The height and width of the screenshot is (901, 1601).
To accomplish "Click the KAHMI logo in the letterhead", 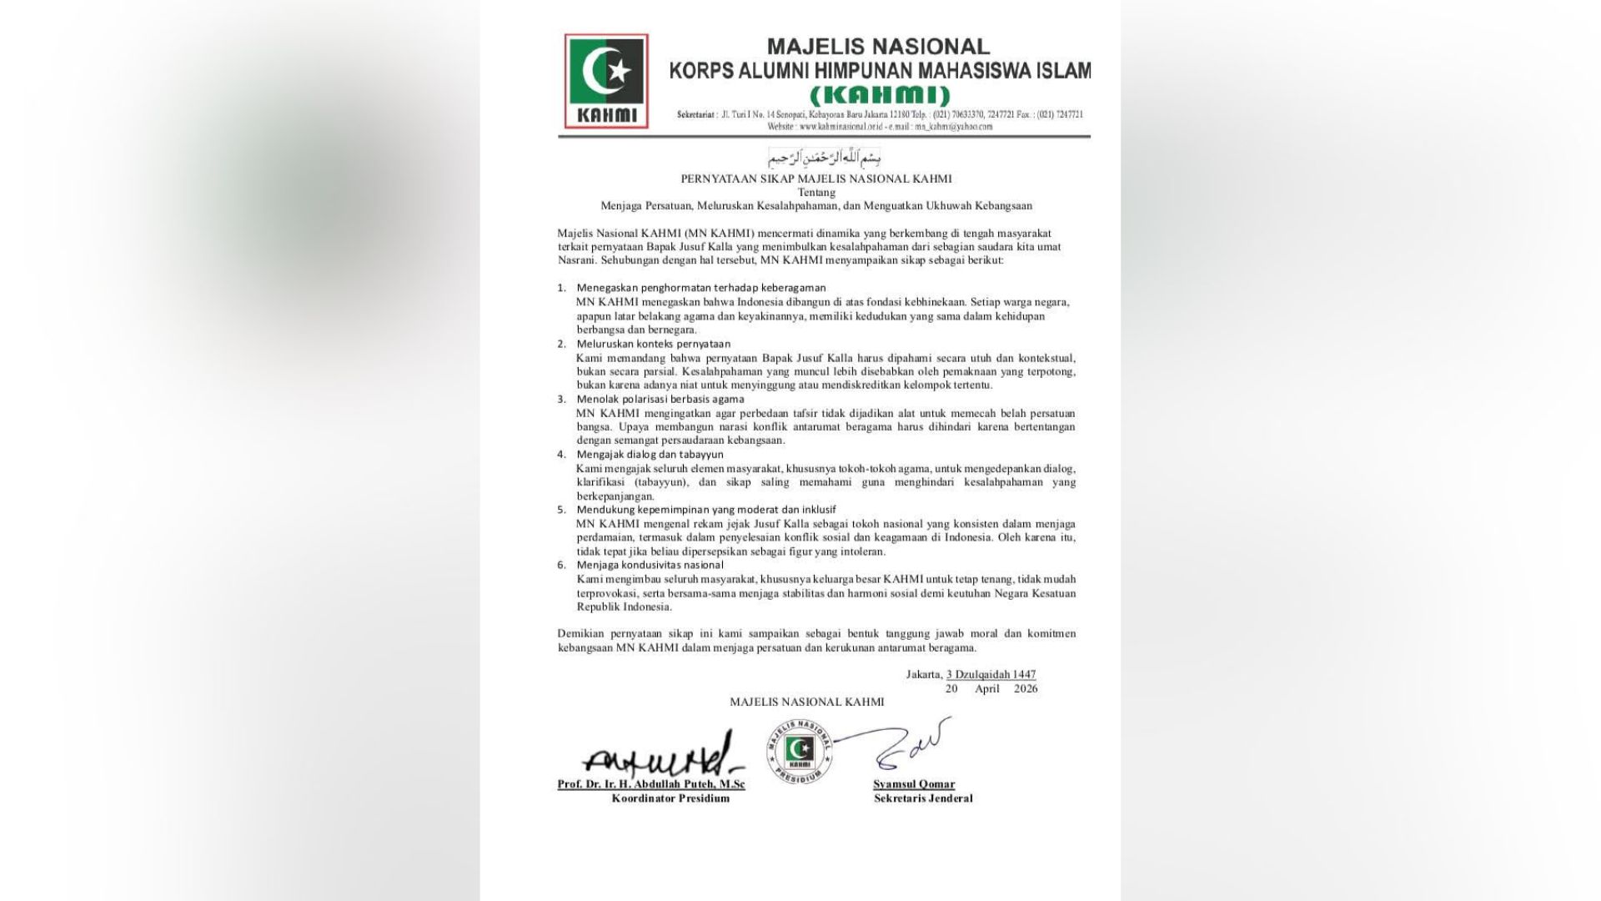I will pos(606,81).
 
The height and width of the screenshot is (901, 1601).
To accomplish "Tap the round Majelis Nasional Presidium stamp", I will pos(800,750).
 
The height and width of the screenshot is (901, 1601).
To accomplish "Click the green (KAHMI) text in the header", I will pos(880,95).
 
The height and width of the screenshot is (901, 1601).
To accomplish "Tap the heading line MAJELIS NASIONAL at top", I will pos(878,47).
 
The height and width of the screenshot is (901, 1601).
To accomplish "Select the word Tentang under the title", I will pos(816,192).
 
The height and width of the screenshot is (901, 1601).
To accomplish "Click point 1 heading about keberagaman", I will pos(690,288).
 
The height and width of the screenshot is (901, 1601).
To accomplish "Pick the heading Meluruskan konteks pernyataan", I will pos(654,344).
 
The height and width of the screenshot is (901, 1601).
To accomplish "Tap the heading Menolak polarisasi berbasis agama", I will pos(660,399).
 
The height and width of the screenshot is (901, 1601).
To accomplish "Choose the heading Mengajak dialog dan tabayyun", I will pos(650,455).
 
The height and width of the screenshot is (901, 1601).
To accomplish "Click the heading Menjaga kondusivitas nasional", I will pos(650,565).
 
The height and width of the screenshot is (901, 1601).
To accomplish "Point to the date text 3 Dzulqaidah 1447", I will pos(991,674).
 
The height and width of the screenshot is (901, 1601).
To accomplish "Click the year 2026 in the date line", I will pos(1026,688).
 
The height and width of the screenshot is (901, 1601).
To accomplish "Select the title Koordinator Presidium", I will pos(670,798).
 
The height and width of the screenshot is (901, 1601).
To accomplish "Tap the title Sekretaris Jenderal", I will pos(923,798).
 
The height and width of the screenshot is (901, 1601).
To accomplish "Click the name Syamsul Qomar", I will pos(914,784).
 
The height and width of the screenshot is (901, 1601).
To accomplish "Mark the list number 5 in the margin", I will pos(561,510).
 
